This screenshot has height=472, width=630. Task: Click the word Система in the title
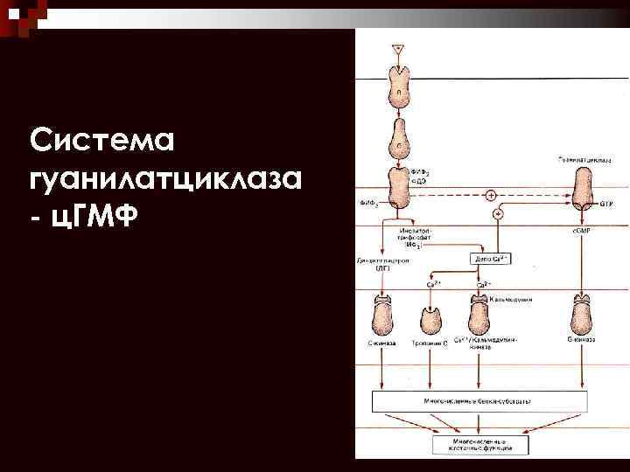coord(103,141)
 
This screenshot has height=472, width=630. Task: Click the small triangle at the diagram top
coord(398,49)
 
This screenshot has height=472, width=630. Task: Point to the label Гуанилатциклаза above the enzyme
coord(583,160)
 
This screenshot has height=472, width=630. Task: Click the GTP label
coord(605,203)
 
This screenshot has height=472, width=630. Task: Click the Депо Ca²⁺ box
coord(492,260)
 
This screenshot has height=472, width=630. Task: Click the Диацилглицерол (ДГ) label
coord(378,264)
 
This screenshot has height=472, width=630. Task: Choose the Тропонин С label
coord(430,343)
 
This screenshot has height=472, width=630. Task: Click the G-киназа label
coord(583,339)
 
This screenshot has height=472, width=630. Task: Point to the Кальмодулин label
coord(514,299)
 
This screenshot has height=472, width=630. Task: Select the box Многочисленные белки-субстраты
coord(478,400)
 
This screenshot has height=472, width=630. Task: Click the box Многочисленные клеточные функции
coord(478,444)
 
